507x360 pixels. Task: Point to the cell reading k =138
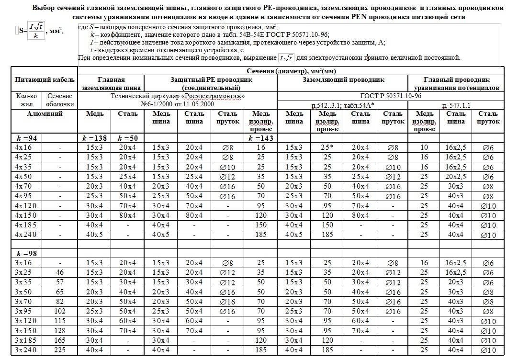94,138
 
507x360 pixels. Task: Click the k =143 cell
260,138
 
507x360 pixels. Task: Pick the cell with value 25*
327,147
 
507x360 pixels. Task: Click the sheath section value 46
60,272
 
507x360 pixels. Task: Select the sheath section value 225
60,350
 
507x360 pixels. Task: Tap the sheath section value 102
60,312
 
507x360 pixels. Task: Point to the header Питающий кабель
45,79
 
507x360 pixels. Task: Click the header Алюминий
45,114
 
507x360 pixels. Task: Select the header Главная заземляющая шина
111,84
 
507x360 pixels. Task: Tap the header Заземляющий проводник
343,80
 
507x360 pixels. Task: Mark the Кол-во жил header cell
26,100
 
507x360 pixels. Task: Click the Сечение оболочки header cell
60,100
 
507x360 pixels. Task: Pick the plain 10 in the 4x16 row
424,147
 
